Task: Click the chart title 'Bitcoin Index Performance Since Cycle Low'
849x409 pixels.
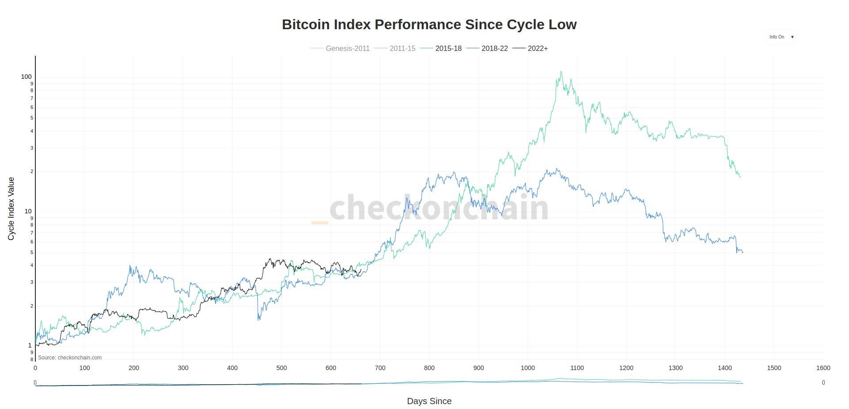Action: tap(429, 24)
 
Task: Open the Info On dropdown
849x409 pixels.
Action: tap(781, 37)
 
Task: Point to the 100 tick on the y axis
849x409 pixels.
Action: tap(27, 77)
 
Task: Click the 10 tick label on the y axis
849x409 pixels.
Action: tap(28, 212)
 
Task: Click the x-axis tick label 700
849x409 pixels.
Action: tap(380, 368)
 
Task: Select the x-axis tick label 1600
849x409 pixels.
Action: tap(823, 368)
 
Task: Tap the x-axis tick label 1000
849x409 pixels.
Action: tap(528, 368)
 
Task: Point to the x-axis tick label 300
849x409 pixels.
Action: tap(183, 368)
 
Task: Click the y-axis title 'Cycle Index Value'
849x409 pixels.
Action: tap(11, 208)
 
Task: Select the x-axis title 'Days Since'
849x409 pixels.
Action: tap(429, 401)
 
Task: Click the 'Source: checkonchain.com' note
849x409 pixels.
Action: tap(70, 358)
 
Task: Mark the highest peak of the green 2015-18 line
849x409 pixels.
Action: tap(561, 72)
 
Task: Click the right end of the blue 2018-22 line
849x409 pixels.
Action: tap(743, 253)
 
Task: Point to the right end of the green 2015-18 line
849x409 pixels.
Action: tap(740, 177)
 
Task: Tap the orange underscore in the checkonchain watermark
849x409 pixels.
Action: tap(320, 223)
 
